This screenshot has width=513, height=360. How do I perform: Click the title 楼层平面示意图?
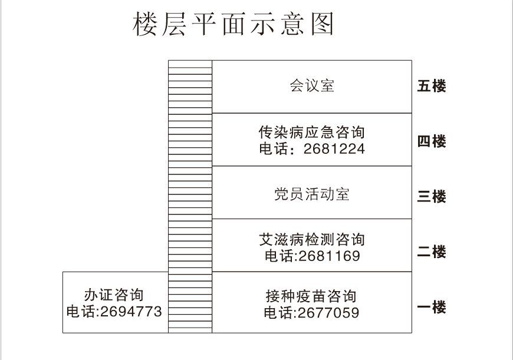pos(234,24)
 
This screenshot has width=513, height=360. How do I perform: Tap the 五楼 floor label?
pos(432,86)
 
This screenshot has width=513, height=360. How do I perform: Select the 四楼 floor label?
pos(432,141)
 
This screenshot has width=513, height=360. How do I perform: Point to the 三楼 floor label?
pos(432,197)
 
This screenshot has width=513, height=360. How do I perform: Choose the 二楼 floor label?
pos(432,252)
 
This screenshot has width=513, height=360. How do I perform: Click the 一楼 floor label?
pos(432,307)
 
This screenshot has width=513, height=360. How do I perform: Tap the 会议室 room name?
pos(312,85)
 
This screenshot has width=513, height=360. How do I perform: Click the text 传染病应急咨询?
pos(311,132)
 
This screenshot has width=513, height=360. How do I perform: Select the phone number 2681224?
pos(334,149)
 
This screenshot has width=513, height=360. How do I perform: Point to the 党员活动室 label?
pos(312,194)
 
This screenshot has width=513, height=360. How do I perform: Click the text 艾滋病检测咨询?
pos(311,240)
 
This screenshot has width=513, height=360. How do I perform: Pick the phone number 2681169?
pos(329,256)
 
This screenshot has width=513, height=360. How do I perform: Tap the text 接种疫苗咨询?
pos(311,296)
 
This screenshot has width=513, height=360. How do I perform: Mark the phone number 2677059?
pos(328,313)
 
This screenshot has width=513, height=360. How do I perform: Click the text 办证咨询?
pos(114,295)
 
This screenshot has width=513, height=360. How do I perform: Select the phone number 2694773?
pos(131,311)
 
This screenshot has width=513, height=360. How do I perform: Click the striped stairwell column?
pos(190,197)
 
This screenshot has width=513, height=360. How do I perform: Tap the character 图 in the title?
pos(322,24)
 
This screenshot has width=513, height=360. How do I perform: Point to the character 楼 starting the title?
pos(144,24)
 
